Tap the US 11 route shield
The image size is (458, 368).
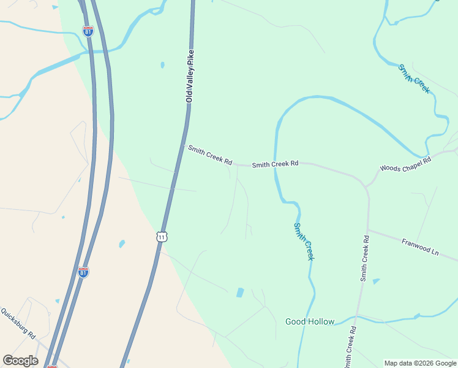click(x=161, y=236)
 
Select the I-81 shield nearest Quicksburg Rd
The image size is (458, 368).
click(x=83, y=272)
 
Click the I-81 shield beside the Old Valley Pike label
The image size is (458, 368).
click(x=88, y=31)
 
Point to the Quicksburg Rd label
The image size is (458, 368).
click(x=18, y=323)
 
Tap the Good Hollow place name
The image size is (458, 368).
click(x=310, y=321)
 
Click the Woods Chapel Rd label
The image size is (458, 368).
click(x=405, y=163)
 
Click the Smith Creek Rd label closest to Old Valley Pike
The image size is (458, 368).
click(x=210, y=155)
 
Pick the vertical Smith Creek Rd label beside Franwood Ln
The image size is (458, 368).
click(x=365, y=258)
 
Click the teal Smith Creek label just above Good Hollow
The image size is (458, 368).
click(x=304, y=241)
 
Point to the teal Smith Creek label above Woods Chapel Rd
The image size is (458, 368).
click(x=415, y=79)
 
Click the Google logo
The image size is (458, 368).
click(x=20, y=361)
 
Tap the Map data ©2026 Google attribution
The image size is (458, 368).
click(x=420, y=363)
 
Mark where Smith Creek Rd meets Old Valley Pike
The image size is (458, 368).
click(x=183, y=145)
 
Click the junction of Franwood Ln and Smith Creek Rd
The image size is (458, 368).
click(x=369, y=230)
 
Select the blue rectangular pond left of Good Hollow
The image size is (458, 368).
click(x=240, y=293)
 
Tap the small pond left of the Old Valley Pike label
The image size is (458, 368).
click(x=162, y=64)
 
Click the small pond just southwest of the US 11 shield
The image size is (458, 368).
click(x=122, y=243)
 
